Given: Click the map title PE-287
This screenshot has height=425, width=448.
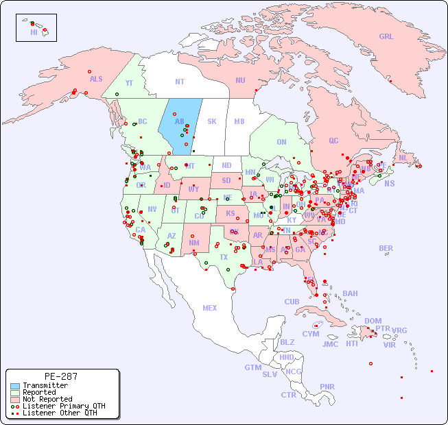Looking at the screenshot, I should pyautogui.click(x=60, y=376).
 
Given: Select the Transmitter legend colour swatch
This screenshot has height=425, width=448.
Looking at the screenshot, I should pyautogui.click(x=14, y=386).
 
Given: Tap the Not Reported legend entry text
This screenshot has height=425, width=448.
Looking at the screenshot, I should pyautogui.click(x=47, y=399).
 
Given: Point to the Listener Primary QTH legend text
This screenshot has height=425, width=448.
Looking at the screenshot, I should pyautogui.click(x=63, y=406).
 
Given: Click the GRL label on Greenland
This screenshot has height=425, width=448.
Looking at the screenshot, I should pyautogui.click(x=386, y=36).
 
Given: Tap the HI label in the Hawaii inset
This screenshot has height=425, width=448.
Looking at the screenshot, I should pyautogui.click(x=34, y=32).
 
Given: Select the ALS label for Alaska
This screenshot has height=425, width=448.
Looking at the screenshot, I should pyautogui.click(x=96, y=79).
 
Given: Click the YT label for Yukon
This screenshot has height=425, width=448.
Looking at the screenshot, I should pyautogui.click(x=129, y=82).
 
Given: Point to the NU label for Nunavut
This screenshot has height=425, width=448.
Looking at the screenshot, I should pyautogui.click(x=240, y=80).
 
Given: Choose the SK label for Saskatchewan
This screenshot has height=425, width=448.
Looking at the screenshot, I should pyautogui.click(x=211, y=121).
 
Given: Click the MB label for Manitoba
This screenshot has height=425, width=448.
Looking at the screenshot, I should pyautogui.click(x=239, y=121).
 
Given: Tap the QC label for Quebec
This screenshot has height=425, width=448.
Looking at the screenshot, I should pyautogui.click(x=333, y=141).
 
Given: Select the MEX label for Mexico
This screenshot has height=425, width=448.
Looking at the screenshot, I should pyautogui.click(x=210, y=308).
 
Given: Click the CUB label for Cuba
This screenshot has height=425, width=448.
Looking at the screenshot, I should pyautogui.click(x=292, y=302).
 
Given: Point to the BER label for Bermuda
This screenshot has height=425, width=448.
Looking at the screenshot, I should pyautogui.click(x=386, y=248).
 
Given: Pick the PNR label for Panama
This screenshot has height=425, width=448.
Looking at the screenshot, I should pyautogui.click(x=327, y=387).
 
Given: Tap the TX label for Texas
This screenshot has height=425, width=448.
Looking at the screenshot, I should pyautogui.click(x=224, y=257).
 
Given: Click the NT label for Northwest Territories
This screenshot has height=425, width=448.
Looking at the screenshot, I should pyautogui.click(x=180, y=82).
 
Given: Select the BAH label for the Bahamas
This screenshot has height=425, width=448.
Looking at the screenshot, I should pyautogui.click(x=350, y=293).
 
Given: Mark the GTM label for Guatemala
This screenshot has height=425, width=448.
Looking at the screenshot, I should pyautogui.click(x=252, y=367).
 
